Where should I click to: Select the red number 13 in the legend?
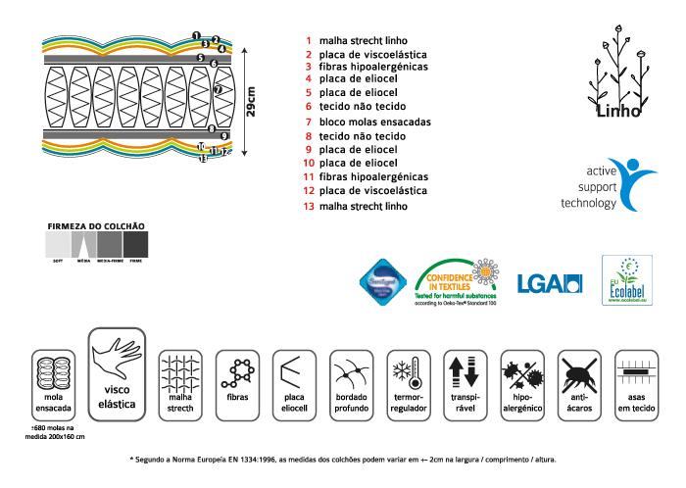(309, 207)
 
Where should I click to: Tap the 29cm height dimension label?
(251, 102)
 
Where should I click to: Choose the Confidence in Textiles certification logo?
(457, 281)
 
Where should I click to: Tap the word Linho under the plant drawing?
(619, 111)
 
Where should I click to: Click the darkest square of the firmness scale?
(136, 243)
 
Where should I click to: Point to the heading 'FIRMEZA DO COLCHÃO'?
(96, 225)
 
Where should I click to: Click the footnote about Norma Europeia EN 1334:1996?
(342, 459)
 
